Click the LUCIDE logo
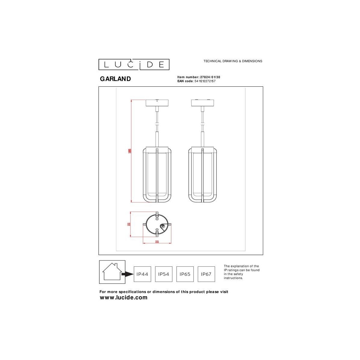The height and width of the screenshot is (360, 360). click(134, 64)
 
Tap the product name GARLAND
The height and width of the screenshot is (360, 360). click(115, 79)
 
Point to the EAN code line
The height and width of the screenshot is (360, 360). click(196, 81)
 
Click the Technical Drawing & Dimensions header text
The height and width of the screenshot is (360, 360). click(233, 61)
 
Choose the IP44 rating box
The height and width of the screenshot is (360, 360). click(142, 274)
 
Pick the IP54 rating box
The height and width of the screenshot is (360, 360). click(163, 274)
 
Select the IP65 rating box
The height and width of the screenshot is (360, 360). click(185, 274)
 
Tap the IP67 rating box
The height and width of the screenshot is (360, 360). click(206, 274)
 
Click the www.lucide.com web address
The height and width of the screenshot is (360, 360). click(123, 298)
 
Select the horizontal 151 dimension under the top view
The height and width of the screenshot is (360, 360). click(157, 241)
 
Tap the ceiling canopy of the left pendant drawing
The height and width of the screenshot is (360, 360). click(157, 103)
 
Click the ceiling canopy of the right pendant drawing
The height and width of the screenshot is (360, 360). click(202, 103)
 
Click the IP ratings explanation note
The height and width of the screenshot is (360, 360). click(241, 272)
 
